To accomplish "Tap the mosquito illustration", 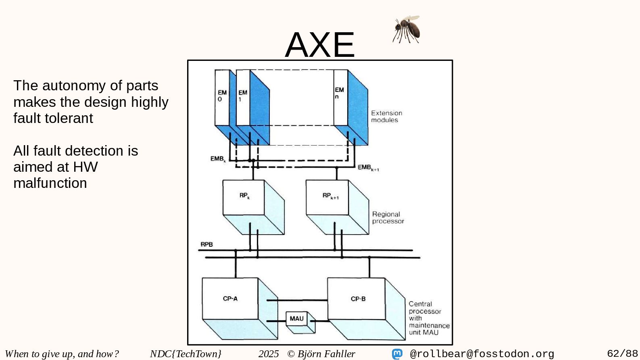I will pyautogui.click(x=407, y=29).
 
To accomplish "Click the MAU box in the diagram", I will pyautogui.click(x=297, y=318).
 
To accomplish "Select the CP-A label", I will pyautogui.click(x=230, y=299).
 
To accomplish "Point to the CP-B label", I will pyautogui.click(x=358, y=299).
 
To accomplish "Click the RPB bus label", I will pyautogui.click(x=206, y=244).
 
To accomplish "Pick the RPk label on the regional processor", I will pyautogui.click(x=244, y=196).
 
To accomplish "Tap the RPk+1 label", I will pyautogui.click(x=330, y=196).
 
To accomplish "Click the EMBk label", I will pyautogui.click(x=218, y=159).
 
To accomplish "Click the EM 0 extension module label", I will pyautogui.click(x=222, y=96).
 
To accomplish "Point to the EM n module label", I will pyautogui.click(x=339, y=93).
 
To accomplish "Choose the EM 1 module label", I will pyautogui.click(x=242, y=96).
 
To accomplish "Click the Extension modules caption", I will pyautogui.click(x=386, y=117).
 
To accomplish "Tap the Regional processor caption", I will pyautogui.click(x=388, y=218).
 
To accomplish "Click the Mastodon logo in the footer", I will pyautogui.click(x=397, y=354).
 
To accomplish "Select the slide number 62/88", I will pyautogui.click(x=622, y=354).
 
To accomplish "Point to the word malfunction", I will pyautogui.click(x=50, y=183).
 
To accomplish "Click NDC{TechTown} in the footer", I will pyautogui.click(x=186, y=354).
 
